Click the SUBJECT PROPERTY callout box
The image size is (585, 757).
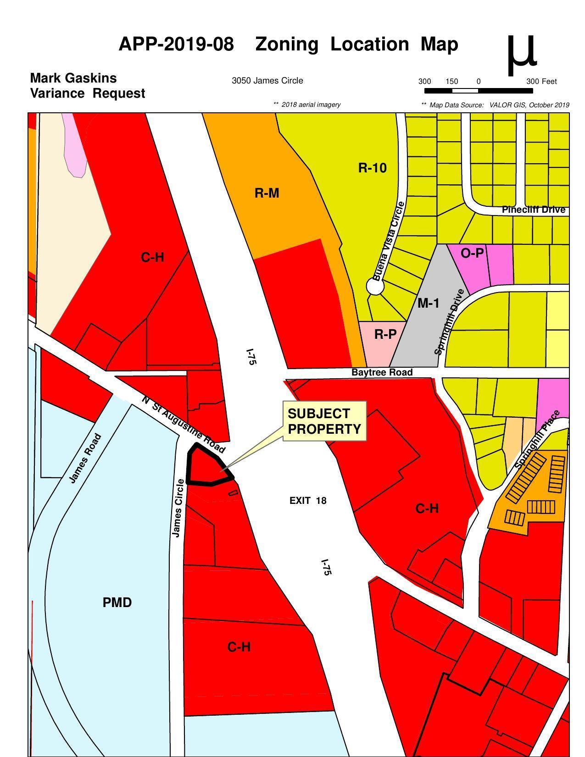pyautogui.click(x=324, y=421)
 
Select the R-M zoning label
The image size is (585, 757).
pyautogui.click(x=267, y=193)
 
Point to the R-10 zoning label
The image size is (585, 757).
pyautogui.click(x=372, y=168)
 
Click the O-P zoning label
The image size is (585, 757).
pyautogui.click(x=472, y=253)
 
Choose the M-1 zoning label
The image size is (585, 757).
pyautogui.click(x=428, y=303)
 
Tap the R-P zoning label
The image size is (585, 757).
pyautogui.click(x=385, y=334)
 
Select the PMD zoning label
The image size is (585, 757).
pyautogui.click(x=117, y=602)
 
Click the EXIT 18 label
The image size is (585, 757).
pyautogui.click(x=308, y=501)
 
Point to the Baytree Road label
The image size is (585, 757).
pyautogui.click(x=382, y=372)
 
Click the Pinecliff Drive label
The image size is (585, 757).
pyautogui.click(x=533, y=210)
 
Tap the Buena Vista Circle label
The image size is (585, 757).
pyautogui.click(x=389, y=241)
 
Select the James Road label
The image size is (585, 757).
pyautogui.click(x=85, y=458)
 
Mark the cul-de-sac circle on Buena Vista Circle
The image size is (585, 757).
pyautogui.click(x=375, y=287)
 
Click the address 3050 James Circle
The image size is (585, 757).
pyautogui.click(x=267, y=81)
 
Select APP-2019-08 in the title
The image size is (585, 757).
pyautogui.click(x=176, y=44)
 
